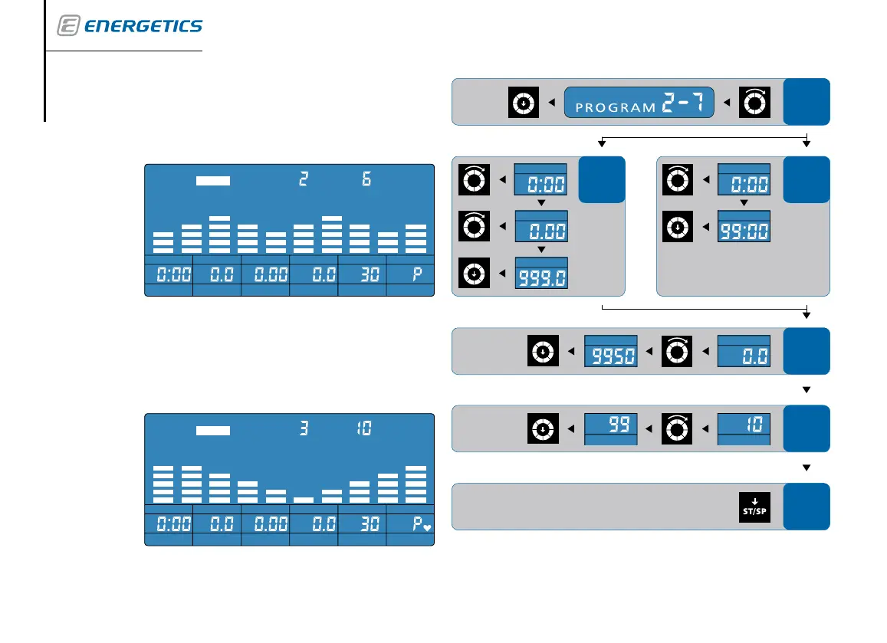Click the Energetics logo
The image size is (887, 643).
tap(130, 26)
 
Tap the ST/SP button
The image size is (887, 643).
tap(754, 507)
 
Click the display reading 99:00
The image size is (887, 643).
tap(744, 228)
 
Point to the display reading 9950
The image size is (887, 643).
tap(611, 353)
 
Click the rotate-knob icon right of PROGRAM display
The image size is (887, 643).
tap(754, 102)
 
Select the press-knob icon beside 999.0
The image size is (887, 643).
tap(475, 274)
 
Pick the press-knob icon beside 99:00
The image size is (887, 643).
tap(678, 227)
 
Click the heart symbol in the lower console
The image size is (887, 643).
tap(427, 528)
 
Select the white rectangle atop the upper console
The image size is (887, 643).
tap(213, 181)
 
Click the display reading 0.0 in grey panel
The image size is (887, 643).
tap(744, 353)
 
